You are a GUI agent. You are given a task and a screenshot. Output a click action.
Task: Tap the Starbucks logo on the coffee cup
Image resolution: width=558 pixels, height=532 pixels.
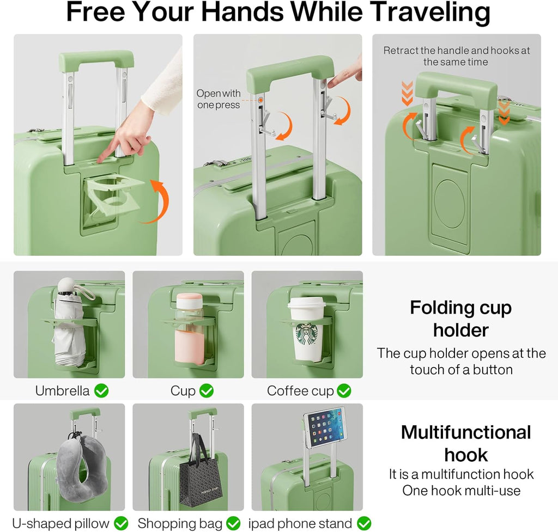[307, 334]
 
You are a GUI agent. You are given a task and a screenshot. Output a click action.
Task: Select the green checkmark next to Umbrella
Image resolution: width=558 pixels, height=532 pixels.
[101, 390]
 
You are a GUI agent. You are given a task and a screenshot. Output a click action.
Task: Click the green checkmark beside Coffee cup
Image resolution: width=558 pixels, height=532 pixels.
[344, 390]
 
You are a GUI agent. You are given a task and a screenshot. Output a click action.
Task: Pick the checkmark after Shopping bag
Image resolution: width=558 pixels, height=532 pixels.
[233, 523]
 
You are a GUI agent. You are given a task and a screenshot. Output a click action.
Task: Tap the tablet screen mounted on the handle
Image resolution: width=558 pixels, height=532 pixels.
[326, 428]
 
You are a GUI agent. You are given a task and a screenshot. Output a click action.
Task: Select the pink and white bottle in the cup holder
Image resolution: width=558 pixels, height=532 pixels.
[190, 328]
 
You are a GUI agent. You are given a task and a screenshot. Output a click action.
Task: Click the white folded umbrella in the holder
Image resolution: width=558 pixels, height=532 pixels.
[69, 322]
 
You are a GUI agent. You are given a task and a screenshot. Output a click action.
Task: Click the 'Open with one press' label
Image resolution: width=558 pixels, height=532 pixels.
[219, 99]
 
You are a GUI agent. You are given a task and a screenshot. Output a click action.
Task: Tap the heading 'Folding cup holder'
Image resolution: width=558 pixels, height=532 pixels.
[461, 319]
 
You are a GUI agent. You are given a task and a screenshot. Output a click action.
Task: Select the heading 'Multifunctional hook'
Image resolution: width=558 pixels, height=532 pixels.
[466, 443]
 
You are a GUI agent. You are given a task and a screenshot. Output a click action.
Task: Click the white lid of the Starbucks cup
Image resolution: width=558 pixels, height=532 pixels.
[307, 303]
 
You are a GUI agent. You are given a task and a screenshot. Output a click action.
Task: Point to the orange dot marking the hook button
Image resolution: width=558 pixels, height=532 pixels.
[261, 100]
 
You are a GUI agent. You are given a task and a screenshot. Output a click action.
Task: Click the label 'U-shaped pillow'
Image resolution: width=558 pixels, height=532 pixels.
[60, 523]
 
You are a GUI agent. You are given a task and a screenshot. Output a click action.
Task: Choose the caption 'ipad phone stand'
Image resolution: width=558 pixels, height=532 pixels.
[300, 523]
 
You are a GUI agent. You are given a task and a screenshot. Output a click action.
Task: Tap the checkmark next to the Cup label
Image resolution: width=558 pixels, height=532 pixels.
[207, 390]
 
